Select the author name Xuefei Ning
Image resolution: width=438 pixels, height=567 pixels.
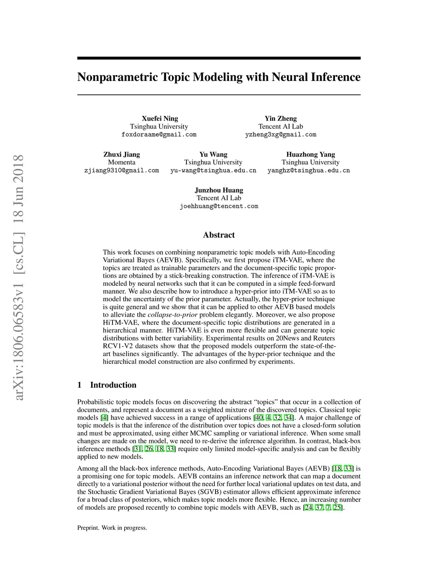[x=160, y=119]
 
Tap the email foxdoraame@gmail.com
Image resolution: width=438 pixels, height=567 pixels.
[x=159, y=134]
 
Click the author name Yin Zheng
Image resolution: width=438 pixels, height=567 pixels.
[x=280, y=119]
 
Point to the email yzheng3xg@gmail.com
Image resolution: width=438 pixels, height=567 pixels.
[x=281, y=134]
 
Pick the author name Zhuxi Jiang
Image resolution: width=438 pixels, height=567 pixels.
[x=121, y=154]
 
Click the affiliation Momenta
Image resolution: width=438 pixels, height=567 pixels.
[x=121, y=162]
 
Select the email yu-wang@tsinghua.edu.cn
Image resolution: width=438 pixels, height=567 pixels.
[x=213, y=170]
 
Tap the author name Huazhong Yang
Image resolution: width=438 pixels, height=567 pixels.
[x=311, y=154]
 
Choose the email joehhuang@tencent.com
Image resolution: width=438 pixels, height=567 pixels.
[x=219, y=206]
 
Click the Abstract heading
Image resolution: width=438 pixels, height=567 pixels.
[x=219, y=235]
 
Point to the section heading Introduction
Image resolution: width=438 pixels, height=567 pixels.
[x=113, y=385]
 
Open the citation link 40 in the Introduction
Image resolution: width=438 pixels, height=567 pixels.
[x=259, y=418]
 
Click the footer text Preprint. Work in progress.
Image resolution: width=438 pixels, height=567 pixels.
[x=112, y=528]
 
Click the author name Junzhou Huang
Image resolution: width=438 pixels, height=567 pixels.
[x=219, y=190]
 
